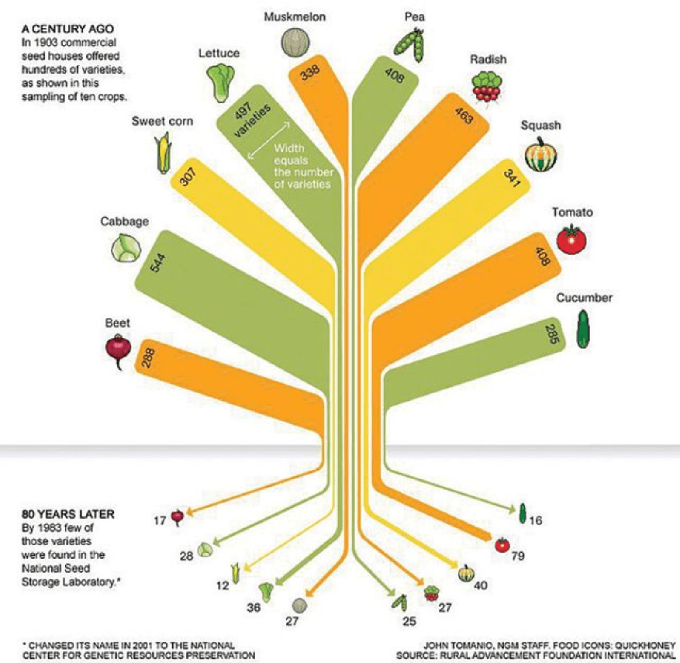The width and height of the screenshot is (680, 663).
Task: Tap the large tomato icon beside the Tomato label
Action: click(x=571, y=240)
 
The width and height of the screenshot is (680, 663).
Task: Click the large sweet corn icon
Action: click(x=163, y=154)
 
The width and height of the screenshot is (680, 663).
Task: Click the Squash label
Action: click(x=541, y=126)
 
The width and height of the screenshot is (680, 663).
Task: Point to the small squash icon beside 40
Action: click(x=466, y=573)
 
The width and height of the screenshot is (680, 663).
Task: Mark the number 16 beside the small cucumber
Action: click(x=535, y=520)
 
